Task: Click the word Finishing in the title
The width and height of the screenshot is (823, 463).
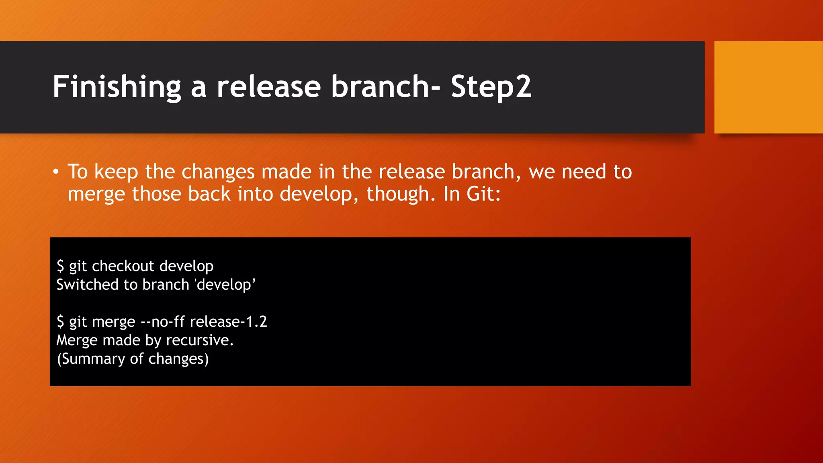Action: tap(117, 87)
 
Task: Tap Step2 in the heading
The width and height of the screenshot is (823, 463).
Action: tap(491, 87)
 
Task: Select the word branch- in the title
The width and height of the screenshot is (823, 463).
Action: tap(385, 87)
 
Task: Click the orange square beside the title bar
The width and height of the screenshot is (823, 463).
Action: tap(768, 87)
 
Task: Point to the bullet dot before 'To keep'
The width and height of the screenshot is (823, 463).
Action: tap(56, 172)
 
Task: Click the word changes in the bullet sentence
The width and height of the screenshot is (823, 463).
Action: tap(218, 172)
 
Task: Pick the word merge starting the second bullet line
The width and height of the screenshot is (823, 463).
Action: tap(96, 195)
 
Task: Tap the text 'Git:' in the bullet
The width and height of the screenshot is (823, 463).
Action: tap(483, 194)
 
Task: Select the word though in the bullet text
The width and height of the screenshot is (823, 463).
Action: tap(397, 194)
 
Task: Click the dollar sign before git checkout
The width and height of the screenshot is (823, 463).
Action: tap(60, 266)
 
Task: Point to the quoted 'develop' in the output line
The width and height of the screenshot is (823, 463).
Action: tap(225, 285)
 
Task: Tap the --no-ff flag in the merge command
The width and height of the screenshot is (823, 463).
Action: tap(162, 322)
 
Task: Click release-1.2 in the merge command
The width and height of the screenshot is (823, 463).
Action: tap(228, 322)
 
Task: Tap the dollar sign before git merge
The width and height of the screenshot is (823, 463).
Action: tap(60, 322)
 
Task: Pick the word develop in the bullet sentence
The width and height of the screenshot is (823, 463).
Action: tap(315, 194)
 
